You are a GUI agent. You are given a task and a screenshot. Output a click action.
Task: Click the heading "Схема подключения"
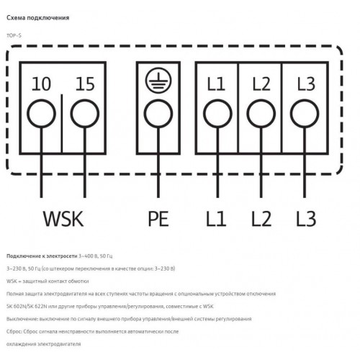pyautogui.click(x=38, y=18)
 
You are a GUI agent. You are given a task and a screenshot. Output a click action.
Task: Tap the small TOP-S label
pyautogui.click(x=14, y=35)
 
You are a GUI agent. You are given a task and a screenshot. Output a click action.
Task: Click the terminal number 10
pyautogui.click(x=41, y=84)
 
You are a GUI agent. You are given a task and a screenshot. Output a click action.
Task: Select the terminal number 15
pyautogui.click(x=85, y=84)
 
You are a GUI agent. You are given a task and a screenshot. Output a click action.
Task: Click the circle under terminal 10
pyautogui.click(x=27, y=114)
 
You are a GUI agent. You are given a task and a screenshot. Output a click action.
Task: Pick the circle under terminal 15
pyautogui.click(x=71, y=114)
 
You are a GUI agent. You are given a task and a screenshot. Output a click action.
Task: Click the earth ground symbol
pyautogui.click(x=158, y=81)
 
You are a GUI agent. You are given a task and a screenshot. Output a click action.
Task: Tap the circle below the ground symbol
pyautogui.click(x=145, y=114)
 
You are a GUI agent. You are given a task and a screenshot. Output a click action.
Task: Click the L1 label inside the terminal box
pyautogui.click(x=216, y=84)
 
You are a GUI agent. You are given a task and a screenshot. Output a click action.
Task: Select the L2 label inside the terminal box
pyautogui.click(x=261, y=84)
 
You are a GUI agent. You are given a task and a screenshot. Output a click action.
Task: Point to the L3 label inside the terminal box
pyautogui.click(x=306, y=84)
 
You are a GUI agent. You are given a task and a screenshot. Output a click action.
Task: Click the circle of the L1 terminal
pyautogui.click(x=204, y=114)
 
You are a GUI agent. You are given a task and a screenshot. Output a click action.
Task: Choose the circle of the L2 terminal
pyautogui.click(x=248, y=114)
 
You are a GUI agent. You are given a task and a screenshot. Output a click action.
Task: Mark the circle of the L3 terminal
pyautogui.click(x=291, y=114)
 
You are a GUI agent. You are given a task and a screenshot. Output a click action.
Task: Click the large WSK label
pyautogui.click(x=63, y=219)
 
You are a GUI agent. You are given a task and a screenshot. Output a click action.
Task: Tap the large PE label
pyautogui.click(x=158, y=219)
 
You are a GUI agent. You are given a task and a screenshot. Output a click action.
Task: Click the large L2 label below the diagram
pyautogui.click(x=261, y=219)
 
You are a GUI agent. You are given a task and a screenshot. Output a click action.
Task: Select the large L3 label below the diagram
pyautogui.click(x=306, y=219)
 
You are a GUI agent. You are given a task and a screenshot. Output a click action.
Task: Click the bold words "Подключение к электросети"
pyautogui.click(x=42, y=256)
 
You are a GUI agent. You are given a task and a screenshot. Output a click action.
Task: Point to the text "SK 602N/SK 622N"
pyautogui.click(x=27, y=307)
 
